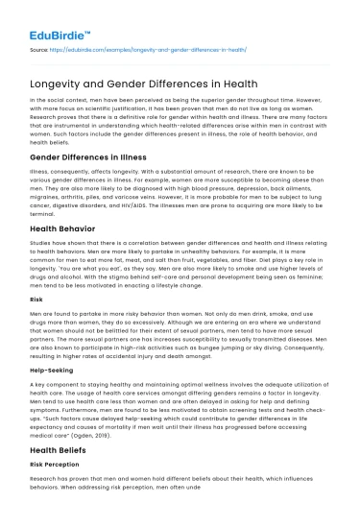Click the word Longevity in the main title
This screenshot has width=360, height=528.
point(59,78)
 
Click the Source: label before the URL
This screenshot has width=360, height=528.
point(40,45)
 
